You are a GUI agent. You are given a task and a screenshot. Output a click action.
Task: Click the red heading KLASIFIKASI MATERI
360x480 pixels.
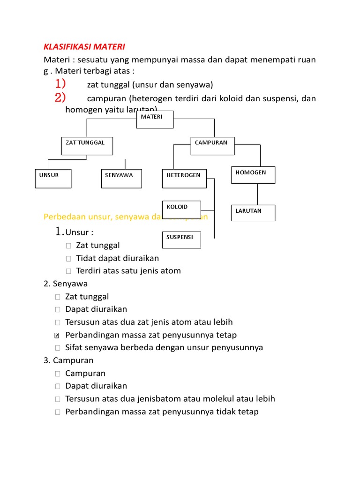tap(84, 47)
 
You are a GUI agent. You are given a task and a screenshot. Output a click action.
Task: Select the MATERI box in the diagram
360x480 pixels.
tap(155, 119)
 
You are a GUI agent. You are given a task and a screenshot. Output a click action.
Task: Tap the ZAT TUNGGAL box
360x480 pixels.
tap(87, 146)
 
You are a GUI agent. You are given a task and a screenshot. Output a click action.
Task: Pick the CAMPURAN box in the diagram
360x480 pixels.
tap(212, 146)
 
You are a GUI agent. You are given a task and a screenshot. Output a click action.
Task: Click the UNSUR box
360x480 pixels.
tap(53, 179)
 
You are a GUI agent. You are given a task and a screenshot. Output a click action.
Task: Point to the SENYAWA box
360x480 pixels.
tap(121, 179)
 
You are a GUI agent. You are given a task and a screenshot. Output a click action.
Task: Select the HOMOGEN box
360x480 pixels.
tap(253, 175)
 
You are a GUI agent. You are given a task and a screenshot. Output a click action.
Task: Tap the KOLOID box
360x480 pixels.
tap(181, 210)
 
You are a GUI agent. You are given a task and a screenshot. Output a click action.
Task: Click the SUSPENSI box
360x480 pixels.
tap(181, 240)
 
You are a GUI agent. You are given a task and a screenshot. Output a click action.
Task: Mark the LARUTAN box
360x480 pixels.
tap(253, 213)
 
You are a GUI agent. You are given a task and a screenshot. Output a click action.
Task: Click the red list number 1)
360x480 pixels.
tap(60, 84)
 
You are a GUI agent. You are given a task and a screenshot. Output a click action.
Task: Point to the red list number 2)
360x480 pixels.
tap(60, 98)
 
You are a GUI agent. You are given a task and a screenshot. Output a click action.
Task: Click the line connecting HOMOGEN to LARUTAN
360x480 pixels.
tap(257, 194)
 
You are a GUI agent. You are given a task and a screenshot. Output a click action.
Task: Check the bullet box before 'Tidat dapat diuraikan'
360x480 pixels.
tap(68, 258)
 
